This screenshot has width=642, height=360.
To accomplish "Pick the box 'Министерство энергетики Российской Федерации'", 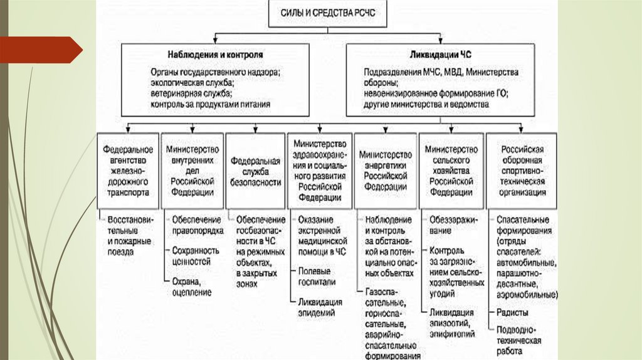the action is [x=386, y=170].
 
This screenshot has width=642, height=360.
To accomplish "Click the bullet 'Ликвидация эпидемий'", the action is [x=320, y=307].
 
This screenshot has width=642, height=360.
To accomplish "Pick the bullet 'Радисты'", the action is [x=512, y=312].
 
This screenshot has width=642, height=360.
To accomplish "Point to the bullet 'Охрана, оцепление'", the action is [x=191, y=287].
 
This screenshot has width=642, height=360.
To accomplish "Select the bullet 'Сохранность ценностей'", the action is [x=196, y=256].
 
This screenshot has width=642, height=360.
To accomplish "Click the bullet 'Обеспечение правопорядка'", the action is [x=197, y=225].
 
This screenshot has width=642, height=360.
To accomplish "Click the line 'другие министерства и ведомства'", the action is [x=426, y=105].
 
